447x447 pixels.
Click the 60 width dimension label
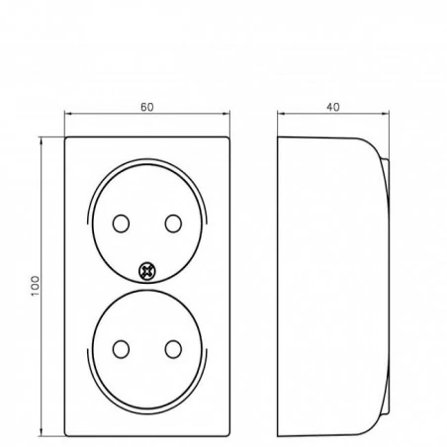tap(147, 107)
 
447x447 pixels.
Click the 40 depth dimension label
tap(333, 107)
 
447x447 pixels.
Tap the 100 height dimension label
tap(35, 286)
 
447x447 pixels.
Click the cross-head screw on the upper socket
tap(146, 271)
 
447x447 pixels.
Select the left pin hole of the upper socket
tap(121, 223)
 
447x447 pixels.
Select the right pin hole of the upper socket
tap(173, 223)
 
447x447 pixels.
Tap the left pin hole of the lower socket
tap(121, 349)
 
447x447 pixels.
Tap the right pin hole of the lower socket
tap(173, 349)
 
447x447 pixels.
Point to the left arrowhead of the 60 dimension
tap(68, 114)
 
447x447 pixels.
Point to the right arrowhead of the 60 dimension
tap(226, 114)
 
